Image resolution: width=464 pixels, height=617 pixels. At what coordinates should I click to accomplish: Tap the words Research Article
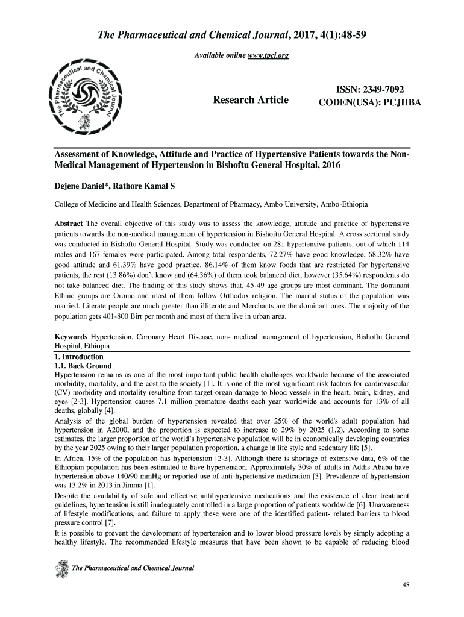(x=251, y=99)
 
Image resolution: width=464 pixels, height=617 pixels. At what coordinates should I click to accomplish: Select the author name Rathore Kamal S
(x=136, y=185)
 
